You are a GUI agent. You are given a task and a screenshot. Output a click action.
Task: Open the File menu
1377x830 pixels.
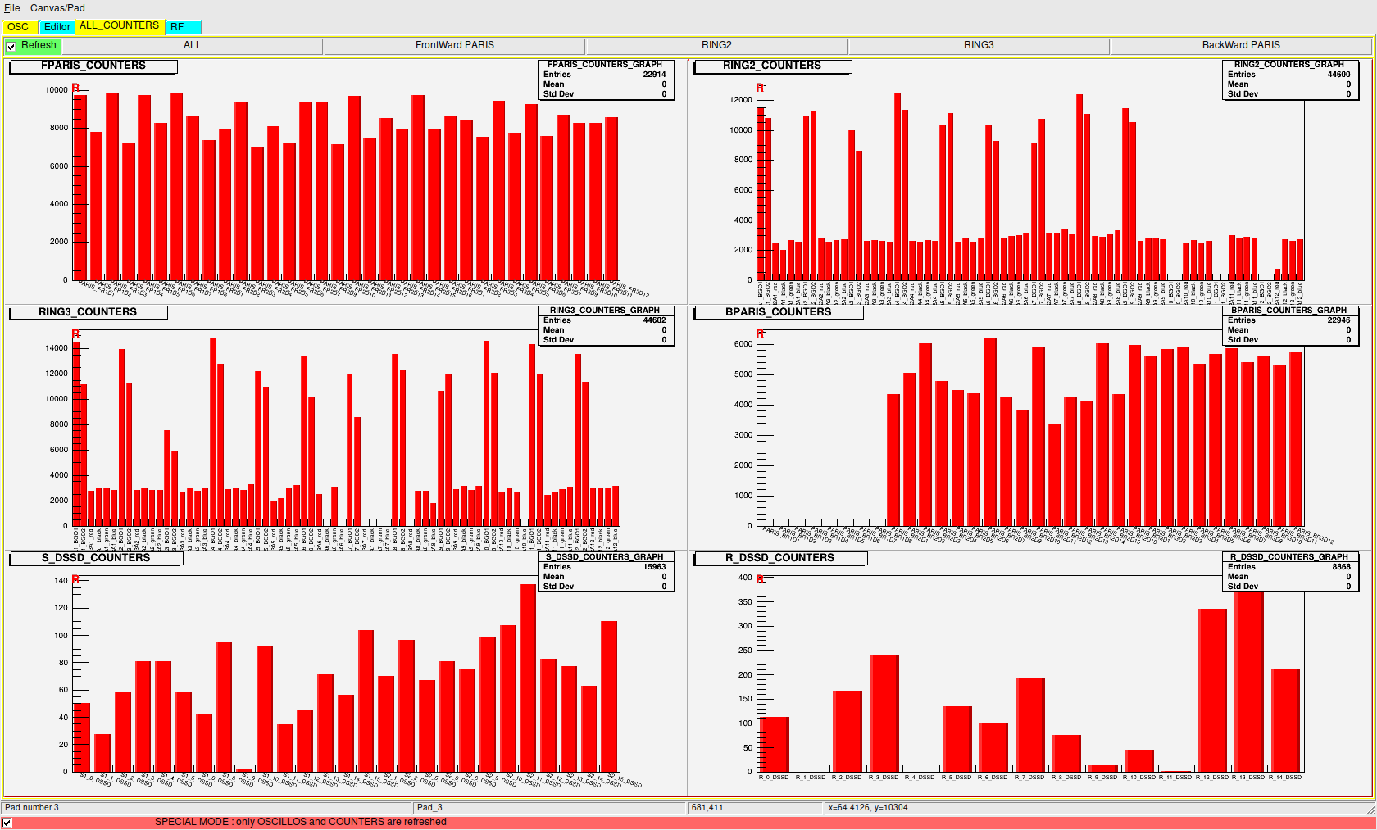point(12,8)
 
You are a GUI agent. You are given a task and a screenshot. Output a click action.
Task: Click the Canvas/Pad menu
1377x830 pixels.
point(57,8)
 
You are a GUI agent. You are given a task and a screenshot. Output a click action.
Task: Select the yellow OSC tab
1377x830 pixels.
point(18,27)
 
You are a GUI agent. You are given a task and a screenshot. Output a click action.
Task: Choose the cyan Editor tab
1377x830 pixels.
point(57,27)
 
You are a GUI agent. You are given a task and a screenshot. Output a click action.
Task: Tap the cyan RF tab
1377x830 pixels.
point(178,27)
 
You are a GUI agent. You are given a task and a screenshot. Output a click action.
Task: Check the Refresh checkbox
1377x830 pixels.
point(11,47)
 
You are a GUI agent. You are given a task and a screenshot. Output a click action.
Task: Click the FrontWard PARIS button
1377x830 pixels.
point(454,45)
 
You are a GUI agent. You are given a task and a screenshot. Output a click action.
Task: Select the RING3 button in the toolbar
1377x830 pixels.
point(978,45)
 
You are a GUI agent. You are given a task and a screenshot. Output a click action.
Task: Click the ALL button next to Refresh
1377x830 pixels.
point(192,45)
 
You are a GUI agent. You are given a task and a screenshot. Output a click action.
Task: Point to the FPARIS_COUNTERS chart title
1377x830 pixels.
point(93,66)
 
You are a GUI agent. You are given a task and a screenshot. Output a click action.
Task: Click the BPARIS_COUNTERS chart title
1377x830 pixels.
point(778,312)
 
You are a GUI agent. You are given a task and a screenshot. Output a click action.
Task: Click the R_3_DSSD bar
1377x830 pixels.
point(884,713)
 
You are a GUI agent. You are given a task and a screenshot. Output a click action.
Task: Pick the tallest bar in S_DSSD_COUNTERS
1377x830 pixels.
point(528,678)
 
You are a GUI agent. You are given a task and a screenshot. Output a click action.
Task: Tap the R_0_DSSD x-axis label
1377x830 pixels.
point(774,778)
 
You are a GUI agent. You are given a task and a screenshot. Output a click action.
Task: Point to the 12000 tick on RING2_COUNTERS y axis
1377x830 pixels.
point(741,100)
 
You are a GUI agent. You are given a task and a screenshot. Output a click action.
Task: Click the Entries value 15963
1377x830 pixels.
point(654,567)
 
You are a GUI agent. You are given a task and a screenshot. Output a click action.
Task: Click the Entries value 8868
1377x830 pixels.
point(1341,567)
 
